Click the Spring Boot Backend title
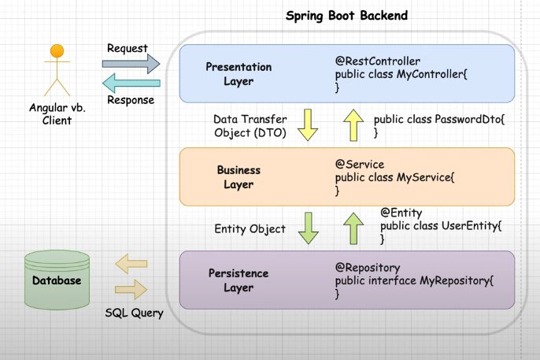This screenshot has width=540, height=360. [x=346, y=16]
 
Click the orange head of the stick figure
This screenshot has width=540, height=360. [x=57, y=51]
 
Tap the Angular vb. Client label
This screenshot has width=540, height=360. [x=57, y=114]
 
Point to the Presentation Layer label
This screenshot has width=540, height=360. [x=239, y=74]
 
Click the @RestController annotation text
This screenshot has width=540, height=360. [x=378, y=61]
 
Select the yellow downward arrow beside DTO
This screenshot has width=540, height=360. [x=307, y=125]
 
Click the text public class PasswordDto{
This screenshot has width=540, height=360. [x=438, y=119]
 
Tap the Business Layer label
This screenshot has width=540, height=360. [x=239, y=177]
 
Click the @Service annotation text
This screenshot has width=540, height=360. [x=360, y=165]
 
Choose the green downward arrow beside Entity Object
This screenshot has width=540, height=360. [x=308, y=228]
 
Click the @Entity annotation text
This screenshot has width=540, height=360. [x=401, y=213]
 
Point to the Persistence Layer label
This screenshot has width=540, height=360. [x=239, y=280]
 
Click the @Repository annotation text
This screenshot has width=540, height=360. [x=368, y=268]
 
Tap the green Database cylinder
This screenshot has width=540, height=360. [x=57, y=280]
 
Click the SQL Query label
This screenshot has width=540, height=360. [x=135, y=313]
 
